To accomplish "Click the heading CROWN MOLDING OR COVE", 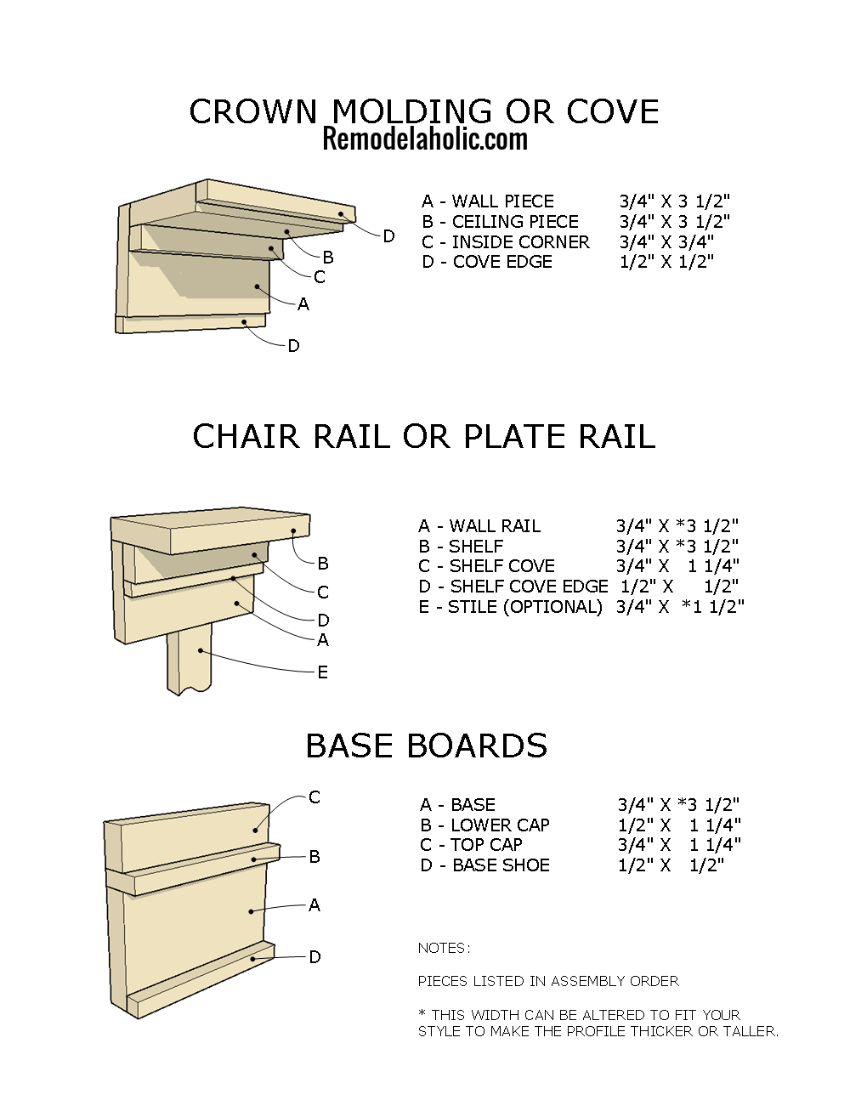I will [424, 111].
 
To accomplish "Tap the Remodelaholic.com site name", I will [424, 139].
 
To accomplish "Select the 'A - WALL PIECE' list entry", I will [487, 201].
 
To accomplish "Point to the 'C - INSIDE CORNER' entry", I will [505, 242].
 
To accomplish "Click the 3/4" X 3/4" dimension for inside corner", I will [666, 242].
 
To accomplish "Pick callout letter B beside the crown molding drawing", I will [328, 258].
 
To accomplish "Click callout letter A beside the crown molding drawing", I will [303, 304].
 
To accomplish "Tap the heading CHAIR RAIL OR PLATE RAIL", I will [424, 437].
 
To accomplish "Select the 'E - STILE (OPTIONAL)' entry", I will [510, 607].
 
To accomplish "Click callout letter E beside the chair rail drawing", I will [322, 672].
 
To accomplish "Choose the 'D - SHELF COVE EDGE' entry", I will [513, 587].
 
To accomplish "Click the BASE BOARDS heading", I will [426, 746].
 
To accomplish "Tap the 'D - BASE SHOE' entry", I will [484, 865].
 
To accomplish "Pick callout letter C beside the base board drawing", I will [314, 797].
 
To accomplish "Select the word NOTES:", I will [444, 948].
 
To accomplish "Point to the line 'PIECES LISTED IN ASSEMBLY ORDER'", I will [548, 981].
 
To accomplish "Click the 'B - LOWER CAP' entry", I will [484, 825].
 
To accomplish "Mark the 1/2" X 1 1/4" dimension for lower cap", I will [679, 825].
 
